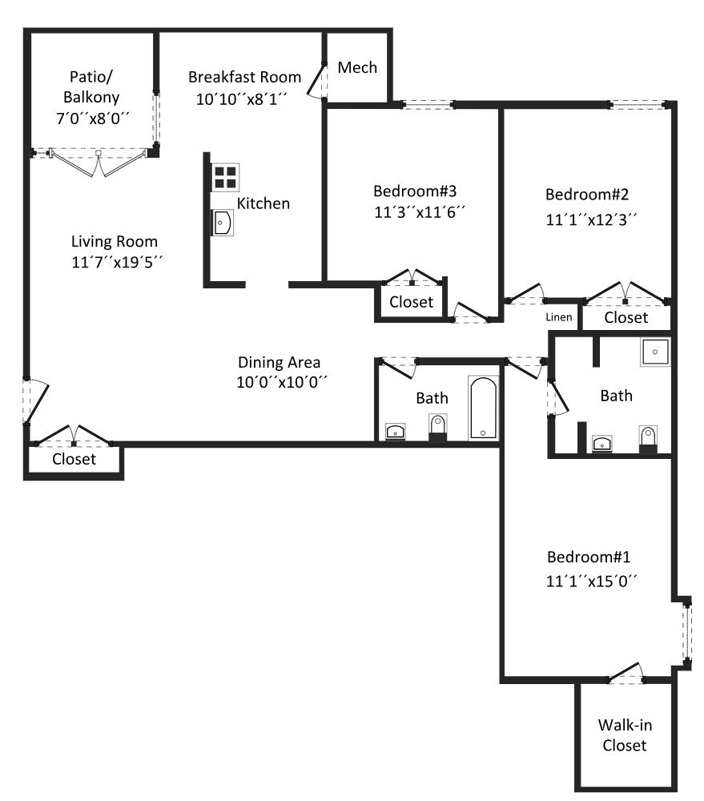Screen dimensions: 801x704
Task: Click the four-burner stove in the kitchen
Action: click(225, 177)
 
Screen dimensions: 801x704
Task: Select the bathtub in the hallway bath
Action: click(483, 409)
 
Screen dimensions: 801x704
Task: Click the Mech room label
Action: click(357, 67)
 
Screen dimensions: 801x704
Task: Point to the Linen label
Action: click(559, 317)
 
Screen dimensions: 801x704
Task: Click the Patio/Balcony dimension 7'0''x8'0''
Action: click(92, 118)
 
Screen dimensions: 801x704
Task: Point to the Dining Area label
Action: click(279, 362)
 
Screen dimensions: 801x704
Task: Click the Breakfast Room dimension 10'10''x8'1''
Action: click(241, 99)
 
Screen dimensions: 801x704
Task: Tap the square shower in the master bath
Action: click(655, 352)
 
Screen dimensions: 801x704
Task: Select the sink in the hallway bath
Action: click(396, 433)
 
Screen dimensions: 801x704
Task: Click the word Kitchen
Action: click(263, 203)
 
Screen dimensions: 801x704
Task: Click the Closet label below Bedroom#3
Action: click(411, 302)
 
